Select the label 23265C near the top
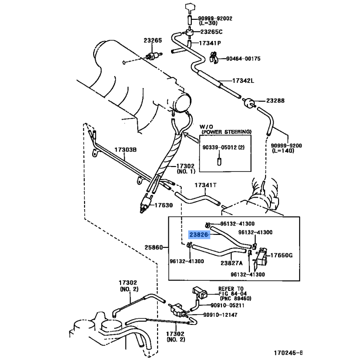[211, 32]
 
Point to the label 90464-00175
[243, 58]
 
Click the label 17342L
[243, 81]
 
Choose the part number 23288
[275, 101]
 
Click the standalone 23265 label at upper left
[153, 41]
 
